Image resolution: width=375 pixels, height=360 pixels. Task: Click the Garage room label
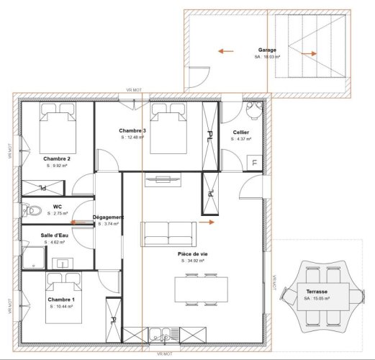pos(267,50)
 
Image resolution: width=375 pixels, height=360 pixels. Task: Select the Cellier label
pos(241,132)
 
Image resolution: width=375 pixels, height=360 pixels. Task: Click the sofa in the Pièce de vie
pos(168,233)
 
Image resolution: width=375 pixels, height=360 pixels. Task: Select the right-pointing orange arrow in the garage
pos(311,53)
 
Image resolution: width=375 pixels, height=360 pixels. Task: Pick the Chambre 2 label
pos(56,158)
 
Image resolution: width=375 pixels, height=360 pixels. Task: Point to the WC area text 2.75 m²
pos(58,213)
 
